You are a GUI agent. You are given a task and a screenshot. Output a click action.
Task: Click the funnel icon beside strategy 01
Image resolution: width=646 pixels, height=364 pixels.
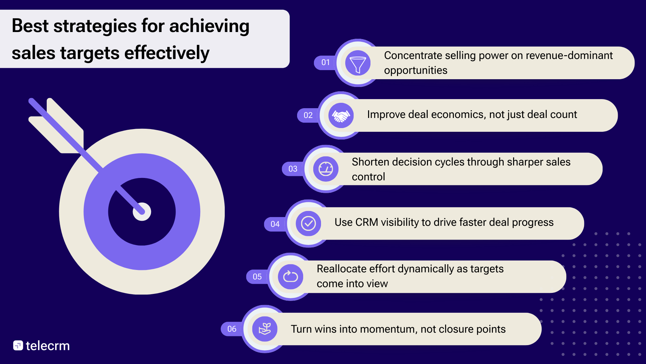coord(358,63)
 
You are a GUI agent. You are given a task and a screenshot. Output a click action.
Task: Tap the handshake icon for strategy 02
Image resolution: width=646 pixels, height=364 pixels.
coord(341,116)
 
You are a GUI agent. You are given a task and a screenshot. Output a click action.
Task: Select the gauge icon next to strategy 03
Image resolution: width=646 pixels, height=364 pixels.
coord(326,169)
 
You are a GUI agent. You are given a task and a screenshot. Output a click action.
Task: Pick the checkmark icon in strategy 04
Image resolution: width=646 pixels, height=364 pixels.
coord(308,223)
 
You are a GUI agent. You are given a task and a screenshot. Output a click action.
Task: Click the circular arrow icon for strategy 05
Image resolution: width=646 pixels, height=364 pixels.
coord(290,277)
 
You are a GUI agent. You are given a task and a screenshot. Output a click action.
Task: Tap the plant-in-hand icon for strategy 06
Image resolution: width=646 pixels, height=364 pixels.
coord(265,329)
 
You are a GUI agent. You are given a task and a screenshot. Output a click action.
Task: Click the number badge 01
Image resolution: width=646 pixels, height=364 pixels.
coord(325,62)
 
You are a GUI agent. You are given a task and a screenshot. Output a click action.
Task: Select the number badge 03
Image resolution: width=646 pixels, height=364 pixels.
coord(293,169)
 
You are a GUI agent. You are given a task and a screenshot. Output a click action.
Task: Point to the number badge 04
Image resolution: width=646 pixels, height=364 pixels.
coord(275,224)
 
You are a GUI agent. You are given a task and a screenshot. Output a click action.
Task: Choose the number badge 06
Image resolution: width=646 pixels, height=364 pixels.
coord(232,329)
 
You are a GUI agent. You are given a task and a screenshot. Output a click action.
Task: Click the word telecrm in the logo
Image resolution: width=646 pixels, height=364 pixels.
coord(48,346)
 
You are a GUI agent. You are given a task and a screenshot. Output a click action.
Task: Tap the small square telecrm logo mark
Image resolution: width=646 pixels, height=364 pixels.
coord(18,345)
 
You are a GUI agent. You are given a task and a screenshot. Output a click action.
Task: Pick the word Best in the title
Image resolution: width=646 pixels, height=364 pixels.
coord(30,26)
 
